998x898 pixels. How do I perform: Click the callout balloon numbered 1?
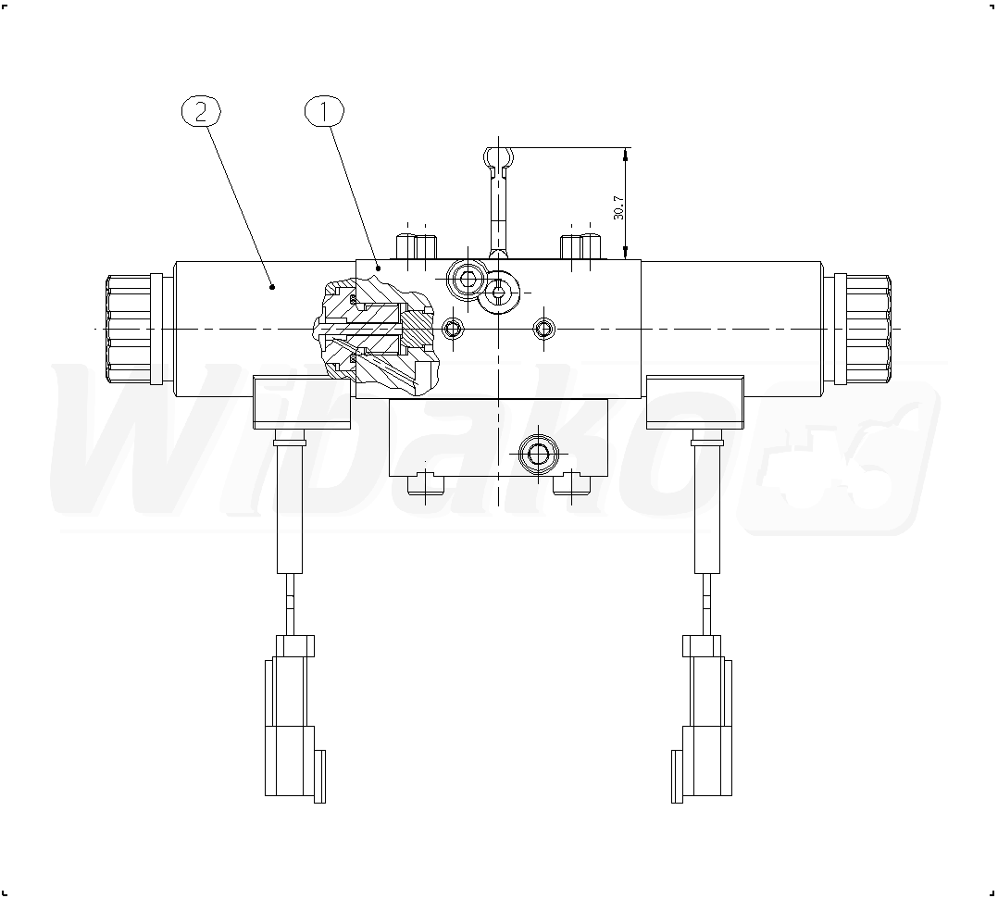coord(325,112)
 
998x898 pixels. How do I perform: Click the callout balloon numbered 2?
coord(201,112)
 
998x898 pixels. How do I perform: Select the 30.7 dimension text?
coord(618,206)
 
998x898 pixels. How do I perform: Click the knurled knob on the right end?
coord(863,329)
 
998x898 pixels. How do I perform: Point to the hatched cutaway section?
coord(376,335)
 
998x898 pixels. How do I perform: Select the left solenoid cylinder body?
coord(265,329)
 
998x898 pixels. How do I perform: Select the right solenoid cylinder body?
coord(731,329)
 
